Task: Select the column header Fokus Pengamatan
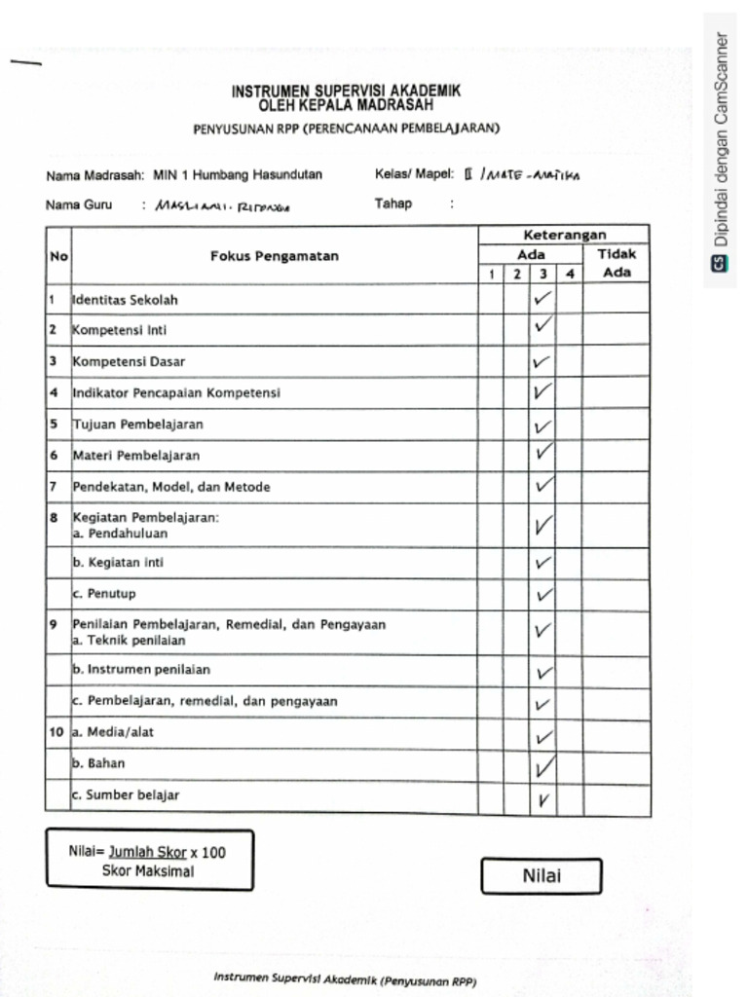(x=274, y=256)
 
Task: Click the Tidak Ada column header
(x=617, y=263)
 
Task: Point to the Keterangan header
(x=564, y=235)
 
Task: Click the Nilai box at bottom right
(x=541, y=875)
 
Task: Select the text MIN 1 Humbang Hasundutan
(x=238, y=175)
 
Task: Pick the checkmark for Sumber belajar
(x=542, y=799)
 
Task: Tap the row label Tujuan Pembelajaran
(x=137, y=425)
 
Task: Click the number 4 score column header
(x=570, y=275)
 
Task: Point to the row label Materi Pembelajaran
(x=136, y=455)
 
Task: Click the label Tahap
(x=393, y=203)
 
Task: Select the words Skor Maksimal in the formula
(x=148, y=870)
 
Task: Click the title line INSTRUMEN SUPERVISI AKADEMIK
(x=346, y=91)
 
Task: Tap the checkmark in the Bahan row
(x=543, y=767)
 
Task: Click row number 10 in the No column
(x=56, y=731)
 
